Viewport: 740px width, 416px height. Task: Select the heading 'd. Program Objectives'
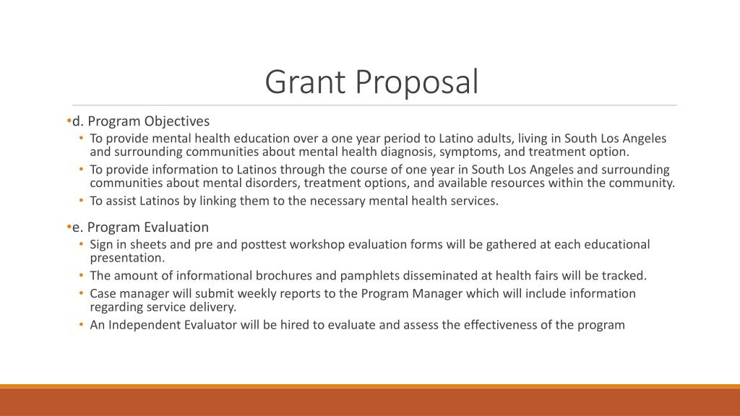tap(140, 121)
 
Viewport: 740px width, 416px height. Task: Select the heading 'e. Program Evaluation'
tap(140, 227)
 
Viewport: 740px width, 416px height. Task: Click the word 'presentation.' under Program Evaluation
tap(127, 257)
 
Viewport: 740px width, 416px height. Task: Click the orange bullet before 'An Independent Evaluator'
tap(83, 324)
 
